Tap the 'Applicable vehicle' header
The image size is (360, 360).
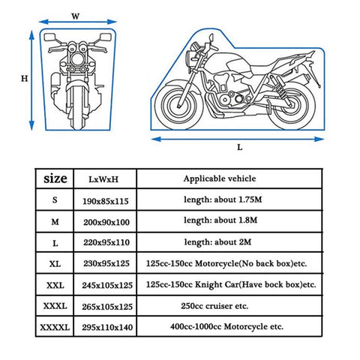click(220, 179)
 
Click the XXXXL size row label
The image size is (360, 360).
click(55, 328)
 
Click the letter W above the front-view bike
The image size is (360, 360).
click(76, 14)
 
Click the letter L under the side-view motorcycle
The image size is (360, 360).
click(239, 147)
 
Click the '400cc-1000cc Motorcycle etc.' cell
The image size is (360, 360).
click(225, 328)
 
